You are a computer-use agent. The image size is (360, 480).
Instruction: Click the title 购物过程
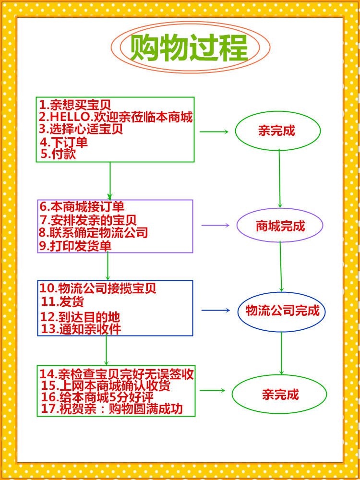coord(189,48)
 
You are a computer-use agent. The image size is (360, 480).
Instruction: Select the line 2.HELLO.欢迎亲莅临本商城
coord(116,117)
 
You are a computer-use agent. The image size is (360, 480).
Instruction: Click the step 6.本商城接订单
coord(82,206)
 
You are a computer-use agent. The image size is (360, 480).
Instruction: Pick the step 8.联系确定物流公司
coord(94,233)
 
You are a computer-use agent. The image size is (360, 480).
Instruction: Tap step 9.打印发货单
coord(75,246)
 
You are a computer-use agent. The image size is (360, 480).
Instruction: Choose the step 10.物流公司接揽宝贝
coord(98,288)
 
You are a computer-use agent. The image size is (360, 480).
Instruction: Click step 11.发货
coord(62,302)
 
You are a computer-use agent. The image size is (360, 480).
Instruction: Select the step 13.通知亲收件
coord(81,329)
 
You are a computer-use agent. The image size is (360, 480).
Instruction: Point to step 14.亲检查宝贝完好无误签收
coord(117,374)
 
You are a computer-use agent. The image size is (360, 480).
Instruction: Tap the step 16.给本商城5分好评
coord(97,397)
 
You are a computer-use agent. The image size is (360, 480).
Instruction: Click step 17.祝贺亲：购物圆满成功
coord(112,409)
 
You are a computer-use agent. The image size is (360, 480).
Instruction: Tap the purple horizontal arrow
coord(215,225)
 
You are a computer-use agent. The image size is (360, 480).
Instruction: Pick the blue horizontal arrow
coord(216,311)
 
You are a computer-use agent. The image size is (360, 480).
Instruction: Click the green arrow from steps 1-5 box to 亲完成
coord(214,132)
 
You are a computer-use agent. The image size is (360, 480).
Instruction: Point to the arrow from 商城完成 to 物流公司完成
coord(281,266)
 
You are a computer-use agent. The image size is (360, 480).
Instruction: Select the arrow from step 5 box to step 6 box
coord(110,181)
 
